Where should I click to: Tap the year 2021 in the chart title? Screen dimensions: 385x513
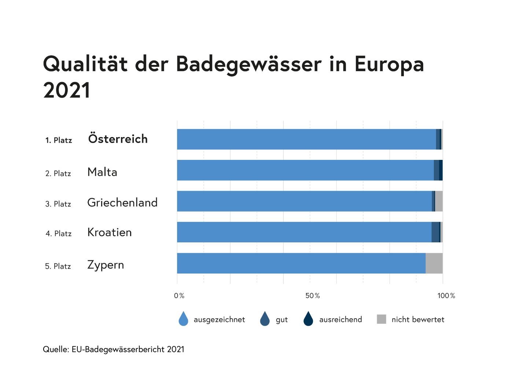pos(67,90)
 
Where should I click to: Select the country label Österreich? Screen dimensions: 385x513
pos(118,139)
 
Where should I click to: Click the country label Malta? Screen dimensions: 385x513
pos(102,172)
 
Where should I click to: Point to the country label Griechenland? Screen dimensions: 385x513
pos(122,202)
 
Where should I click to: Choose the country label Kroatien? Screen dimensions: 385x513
pos(109,232)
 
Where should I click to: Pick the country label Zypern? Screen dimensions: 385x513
pos(106,265)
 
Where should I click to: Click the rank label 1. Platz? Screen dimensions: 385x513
pos(59,140)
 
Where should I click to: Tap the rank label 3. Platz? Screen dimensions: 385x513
pos(58,204)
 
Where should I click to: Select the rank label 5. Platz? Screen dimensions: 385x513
pos(58,266)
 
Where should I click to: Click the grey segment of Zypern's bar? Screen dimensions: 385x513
pos(434,263)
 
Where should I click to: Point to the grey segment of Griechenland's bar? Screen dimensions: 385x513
pos(439,201)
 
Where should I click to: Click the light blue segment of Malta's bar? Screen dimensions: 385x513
pos(304,170)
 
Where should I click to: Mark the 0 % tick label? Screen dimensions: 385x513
pos(179,296)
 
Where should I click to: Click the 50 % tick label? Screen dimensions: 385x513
pos(313,296)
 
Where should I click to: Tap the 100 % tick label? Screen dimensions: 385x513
pos(446,296)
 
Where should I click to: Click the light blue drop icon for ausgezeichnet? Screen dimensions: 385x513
pos(183,319)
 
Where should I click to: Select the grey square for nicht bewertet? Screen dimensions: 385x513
pos(381,319)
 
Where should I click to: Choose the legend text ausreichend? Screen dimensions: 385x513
pos(340,319)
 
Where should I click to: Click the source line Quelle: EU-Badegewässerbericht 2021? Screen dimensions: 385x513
pos(114,349)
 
